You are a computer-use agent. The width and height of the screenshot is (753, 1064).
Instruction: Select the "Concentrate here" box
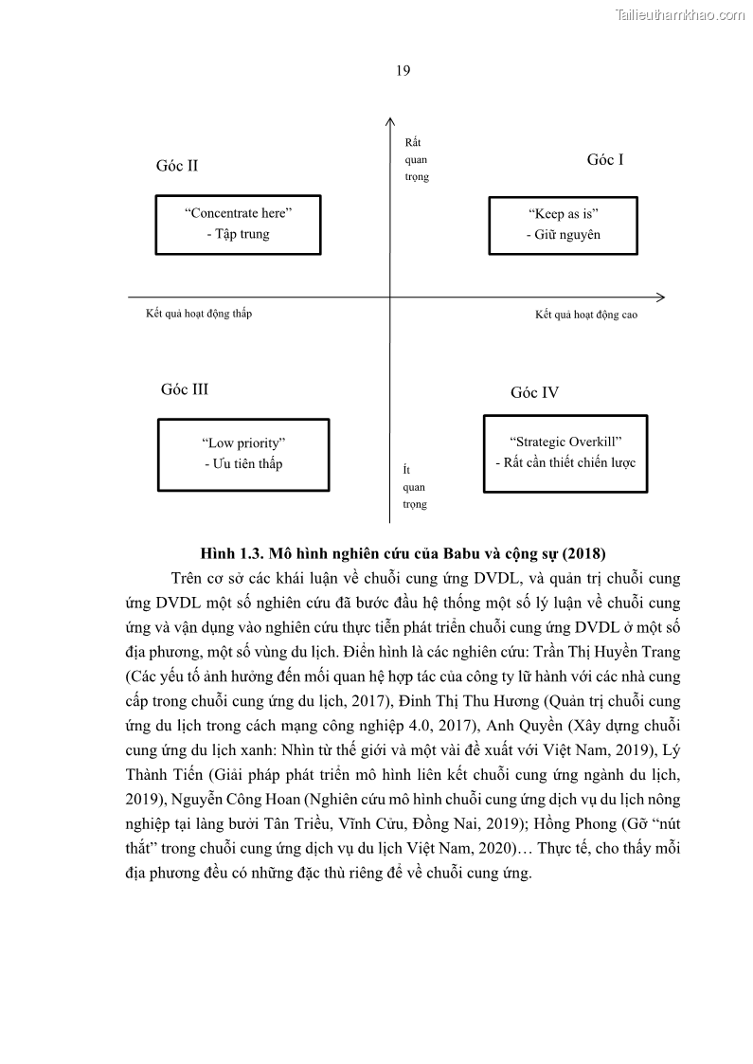coord(238,225)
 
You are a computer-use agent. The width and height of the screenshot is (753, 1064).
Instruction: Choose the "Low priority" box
coord(243,454)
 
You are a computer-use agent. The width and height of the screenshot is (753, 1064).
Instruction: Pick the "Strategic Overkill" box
coord(565,453)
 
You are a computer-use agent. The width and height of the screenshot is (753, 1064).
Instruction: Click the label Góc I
coord(605,160)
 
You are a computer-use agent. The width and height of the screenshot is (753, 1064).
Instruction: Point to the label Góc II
coord(177,166)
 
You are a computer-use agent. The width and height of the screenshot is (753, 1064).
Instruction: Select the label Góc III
coord(185,389)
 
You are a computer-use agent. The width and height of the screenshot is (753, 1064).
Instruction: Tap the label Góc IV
coord(535,393)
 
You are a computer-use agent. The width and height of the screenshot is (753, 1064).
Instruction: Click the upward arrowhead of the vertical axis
coord(390,120)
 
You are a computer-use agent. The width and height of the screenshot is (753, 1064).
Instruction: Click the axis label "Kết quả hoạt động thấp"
coord(199,314)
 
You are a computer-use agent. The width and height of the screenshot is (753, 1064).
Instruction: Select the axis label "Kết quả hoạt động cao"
coord(586,315)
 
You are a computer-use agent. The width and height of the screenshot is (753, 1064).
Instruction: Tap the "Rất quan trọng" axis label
coord(416,159)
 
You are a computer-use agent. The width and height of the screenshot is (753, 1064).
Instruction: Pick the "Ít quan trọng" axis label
coord(415,487)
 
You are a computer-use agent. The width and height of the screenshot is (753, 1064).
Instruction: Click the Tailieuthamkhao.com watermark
coord(680,14)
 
